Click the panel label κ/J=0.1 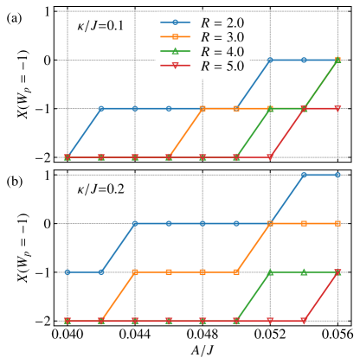click(100, 26)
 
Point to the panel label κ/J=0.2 click(100, 189)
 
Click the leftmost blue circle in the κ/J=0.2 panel click(67, 271)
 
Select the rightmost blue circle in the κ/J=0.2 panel click(337, 175)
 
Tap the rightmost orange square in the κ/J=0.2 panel click(337, 223)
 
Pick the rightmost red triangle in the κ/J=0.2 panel click(337, 272)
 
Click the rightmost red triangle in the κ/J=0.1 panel click(337, 109)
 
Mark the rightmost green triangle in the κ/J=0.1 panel click(337, 61)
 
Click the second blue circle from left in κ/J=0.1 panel click(101, 109)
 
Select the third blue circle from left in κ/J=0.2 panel click(135, 223)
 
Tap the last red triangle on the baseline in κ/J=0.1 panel click(270, 157)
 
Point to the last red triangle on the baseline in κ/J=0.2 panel click(304, 321)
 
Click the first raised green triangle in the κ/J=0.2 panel click(270, 271)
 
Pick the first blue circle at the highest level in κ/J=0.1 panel click(270, 61)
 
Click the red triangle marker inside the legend click(175, 67)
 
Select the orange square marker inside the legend click(175, 37)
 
